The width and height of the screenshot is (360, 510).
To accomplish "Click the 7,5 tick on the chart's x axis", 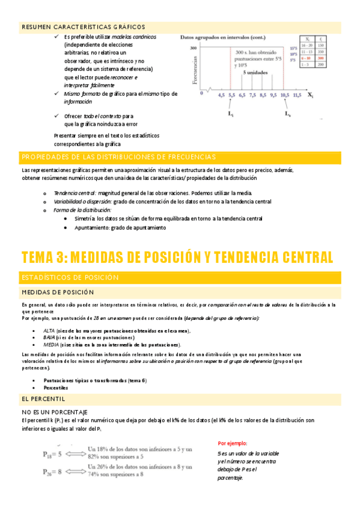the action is coord(252,94).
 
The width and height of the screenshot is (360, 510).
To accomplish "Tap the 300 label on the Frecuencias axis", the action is coord(194,48).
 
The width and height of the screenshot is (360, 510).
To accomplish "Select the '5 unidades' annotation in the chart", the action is coord(255,72).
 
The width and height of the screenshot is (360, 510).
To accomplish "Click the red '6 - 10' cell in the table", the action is coord(306,59).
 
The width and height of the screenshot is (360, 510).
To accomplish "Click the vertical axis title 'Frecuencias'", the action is coord(194,69).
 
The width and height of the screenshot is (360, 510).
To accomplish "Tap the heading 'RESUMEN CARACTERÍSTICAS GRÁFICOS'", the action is coord(83,27).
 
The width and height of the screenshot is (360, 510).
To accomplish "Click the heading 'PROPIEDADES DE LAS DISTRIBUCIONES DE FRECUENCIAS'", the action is coord(118,157).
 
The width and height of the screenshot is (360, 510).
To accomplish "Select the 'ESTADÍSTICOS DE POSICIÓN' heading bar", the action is coord(72,277).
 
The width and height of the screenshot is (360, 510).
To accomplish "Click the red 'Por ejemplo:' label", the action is coord(233,443).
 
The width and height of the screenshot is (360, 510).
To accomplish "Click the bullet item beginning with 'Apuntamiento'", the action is coord(120,228).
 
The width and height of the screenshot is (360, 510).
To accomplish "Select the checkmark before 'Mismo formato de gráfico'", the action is coord(56,94).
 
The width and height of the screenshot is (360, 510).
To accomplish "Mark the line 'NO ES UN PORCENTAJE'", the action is coord(54,394).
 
